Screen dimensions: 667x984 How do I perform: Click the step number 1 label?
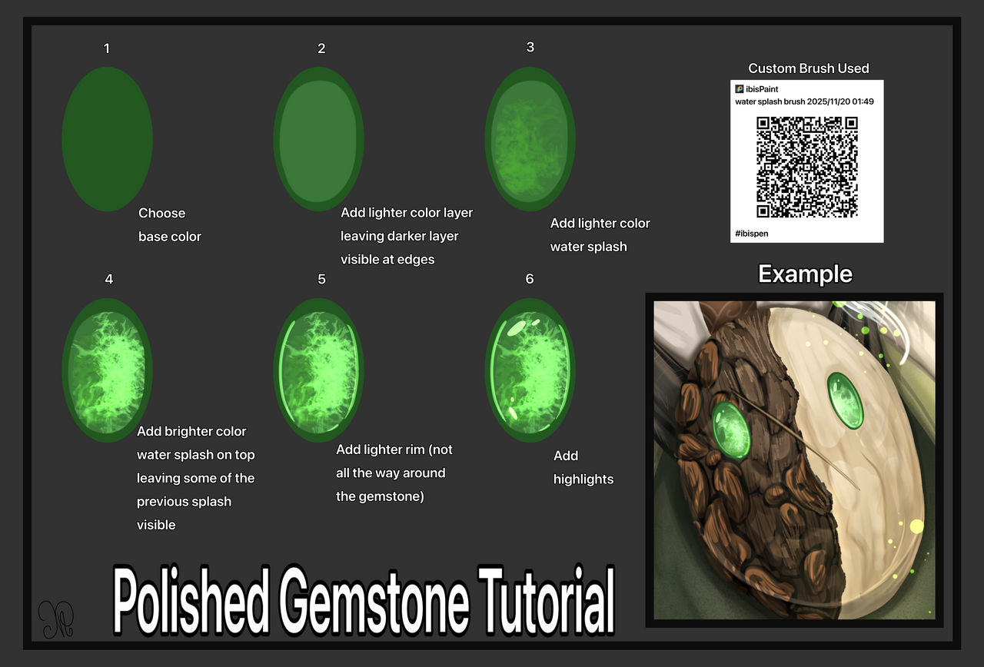pyautogui.click(x=107, y=48)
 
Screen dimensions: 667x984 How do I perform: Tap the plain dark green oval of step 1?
pyautogui.click(x=107, y=139)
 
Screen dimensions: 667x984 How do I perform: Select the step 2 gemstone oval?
pyautogui.click(x=318, y=139)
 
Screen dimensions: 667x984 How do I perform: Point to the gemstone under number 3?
pyautogui.click(x=530, y=139)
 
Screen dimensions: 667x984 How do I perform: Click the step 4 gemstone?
pyautogui.click(x=107, y=370)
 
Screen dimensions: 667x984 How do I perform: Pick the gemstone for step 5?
pyautogui.click(x=318, y=370)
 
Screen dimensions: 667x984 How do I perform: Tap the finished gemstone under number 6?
pyautogui.click(x=530, y=370)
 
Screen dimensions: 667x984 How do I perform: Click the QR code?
pyautogui.click(x=806, y=167)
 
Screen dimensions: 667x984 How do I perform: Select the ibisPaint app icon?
pyautogui.click(x=740, y=89)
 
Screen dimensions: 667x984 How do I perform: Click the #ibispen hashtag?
pyautogui.click(x=751, y=233)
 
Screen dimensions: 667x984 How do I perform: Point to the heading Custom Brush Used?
pyautogui.click(x=809, y=68)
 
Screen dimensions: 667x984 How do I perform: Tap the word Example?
pyautogui.click(x=805, y=274)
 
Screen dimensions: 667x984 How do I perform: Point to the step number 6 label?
pyautogui.click(x=530, y=279)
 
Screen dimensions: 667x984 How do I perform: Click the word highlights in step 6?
pyautogui.click(x=583, y=480)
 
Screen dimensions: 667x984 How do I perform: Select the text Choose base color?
pyautogui.click(x=169, y=225)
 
